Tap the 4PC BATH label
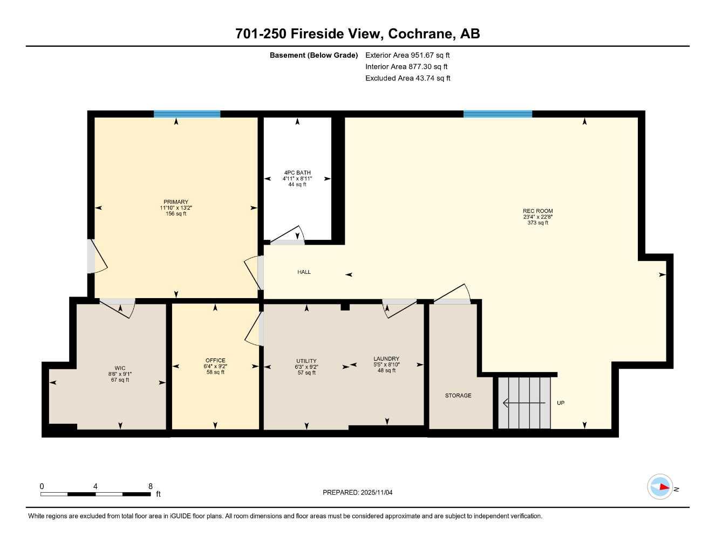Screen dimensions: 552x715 tap(297, 173)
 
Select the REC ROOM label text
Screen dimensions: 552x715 tap(537, 211)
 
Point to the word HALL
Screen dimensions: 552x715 tap(304, 272)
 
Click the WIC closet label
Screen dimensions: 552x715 tap(119, 369)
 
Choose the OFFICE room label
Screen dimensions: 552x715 tap(215, 361)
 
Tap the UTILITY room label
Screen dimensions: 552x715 tap(306, 361)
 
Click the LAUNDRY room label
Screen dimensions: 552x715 tap(386, 358)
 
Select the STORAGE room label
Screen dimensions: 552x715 tap(458, 396)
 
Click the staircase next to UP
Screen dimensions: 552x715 tap(523, 403)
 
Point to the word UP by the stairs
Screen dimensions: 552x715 tap(561, 403)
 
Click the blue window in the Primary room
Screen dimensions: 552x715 tap(187, 114)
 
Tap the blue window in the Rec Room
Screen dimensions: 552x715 tap(498, 114)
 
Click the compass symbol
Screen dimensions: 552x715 tap(660, 487)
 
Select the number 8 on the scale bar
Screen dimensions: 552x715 tap(150, 486)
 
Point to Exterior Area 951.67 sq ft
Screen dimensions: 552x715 tap(407, 55)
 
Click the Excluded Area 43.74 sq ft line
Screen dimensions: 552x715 tap(407, 78)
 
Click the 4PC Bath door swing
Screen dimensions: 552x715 tap(289, 236)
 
